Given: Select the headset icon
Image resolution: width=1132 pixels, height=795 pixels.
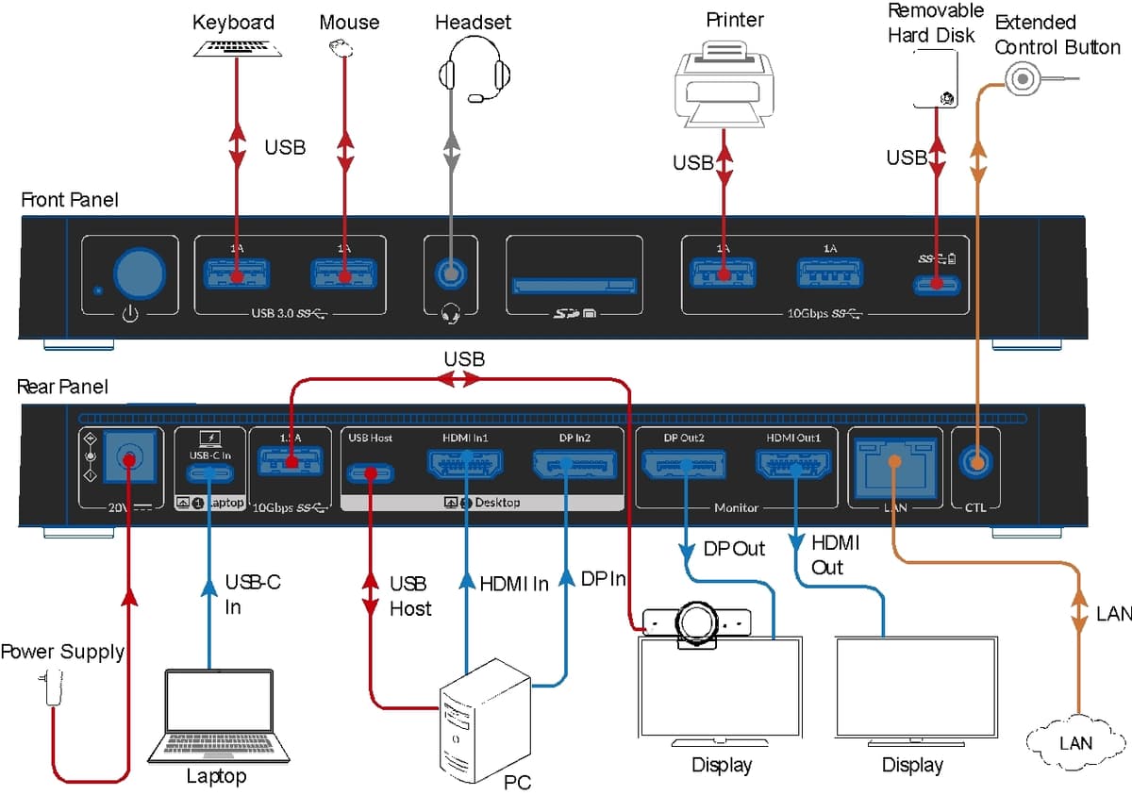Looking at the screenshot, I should click(x=475, y=72).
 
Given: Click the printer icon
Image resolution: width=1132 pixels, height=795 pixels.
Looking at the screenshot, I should click(x=724, y=86).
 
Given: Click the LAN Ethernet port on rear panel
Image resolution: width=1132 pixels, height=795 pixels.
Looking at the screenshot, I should click(x=893, y=463).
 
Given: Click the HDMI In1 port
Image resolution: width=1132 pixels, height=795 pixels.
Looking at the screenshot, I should click(x=466, y=464).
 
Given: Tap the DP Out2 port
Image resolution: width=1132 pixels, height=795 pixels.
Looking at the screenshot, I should click(x=682, y=464).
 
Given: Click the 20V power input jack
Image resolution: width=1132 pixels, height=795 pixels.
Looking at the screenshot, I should click(x=125, y=459).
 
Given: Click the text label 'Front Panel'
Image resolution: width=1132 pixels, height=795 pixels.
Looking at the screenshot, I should click(x=70, y=200).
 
